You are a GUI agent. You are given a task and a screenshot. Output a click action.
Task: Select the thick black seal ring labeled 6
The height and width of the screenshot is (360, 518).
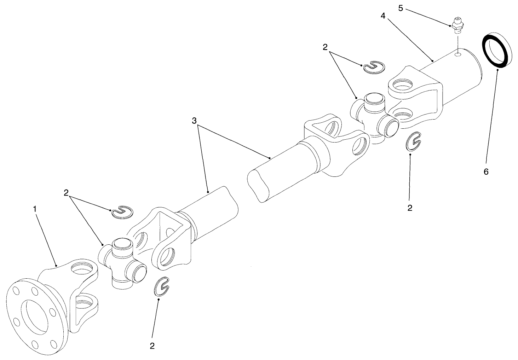click(497, 50)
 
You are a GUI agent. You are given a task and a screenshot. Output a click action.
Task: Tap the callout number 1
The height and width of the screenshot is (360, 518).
click(35, 209)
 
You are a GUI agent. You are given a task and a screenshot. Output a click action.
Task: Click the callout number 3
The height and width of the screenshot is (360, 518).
click(194, 121)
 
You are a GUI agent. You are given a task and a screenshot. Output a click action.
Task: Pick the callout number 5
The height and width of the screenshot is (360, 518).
click(401, 8)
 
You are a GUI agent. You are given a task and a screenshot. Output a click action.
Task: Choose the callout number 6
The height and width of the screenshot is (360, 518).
click(486, 172)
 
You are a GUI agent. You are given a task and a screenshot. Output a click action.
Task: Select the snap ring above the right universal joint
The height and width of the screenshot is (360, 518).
click(373, 67)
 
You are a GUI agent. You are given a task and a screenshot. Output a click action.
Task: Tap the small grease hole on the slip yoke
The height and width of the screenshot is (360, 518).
click(458, 54)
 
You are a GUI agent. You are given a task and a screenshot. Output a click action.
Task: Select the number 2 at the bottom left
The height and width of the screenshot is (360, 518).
click(152, 346)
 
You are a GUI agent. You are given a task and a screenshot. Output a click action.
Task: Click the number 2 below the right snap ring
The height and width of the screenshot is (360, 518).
click(410, 208)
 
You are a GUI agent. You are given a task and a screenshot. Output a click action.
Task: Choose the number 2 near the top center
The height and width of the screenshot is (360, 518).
click(325, 47)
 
